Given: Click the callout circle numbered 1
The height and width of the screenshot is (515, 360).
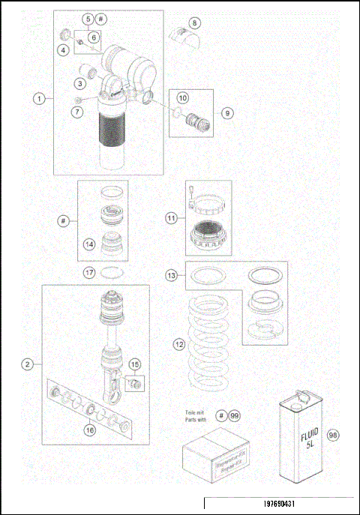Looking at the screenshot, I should (39, 98).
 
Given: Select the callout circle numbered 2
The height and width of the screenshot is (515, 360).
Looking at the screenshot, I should (27, 365).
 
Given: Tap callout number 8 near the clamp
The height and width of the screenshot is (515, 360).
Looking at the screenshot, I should (195, 22).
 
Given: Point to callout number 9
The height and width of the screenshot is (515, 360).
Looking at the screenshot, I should (227, 112).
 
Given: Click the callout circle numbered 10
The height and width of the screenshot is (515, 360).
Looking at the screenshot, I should (183, 97).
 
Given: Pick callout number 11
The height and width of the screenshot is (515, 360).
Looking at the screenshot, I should (172, 218).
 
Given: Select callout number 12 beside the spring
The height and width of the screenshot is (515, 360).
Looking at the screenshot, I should (178, 344).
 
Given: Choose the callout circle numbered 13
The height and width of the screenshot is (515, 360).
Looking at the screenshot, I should (172, 276).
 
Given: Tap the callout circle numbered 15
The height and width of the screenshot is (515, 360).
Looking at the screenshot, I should (135, 364).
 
